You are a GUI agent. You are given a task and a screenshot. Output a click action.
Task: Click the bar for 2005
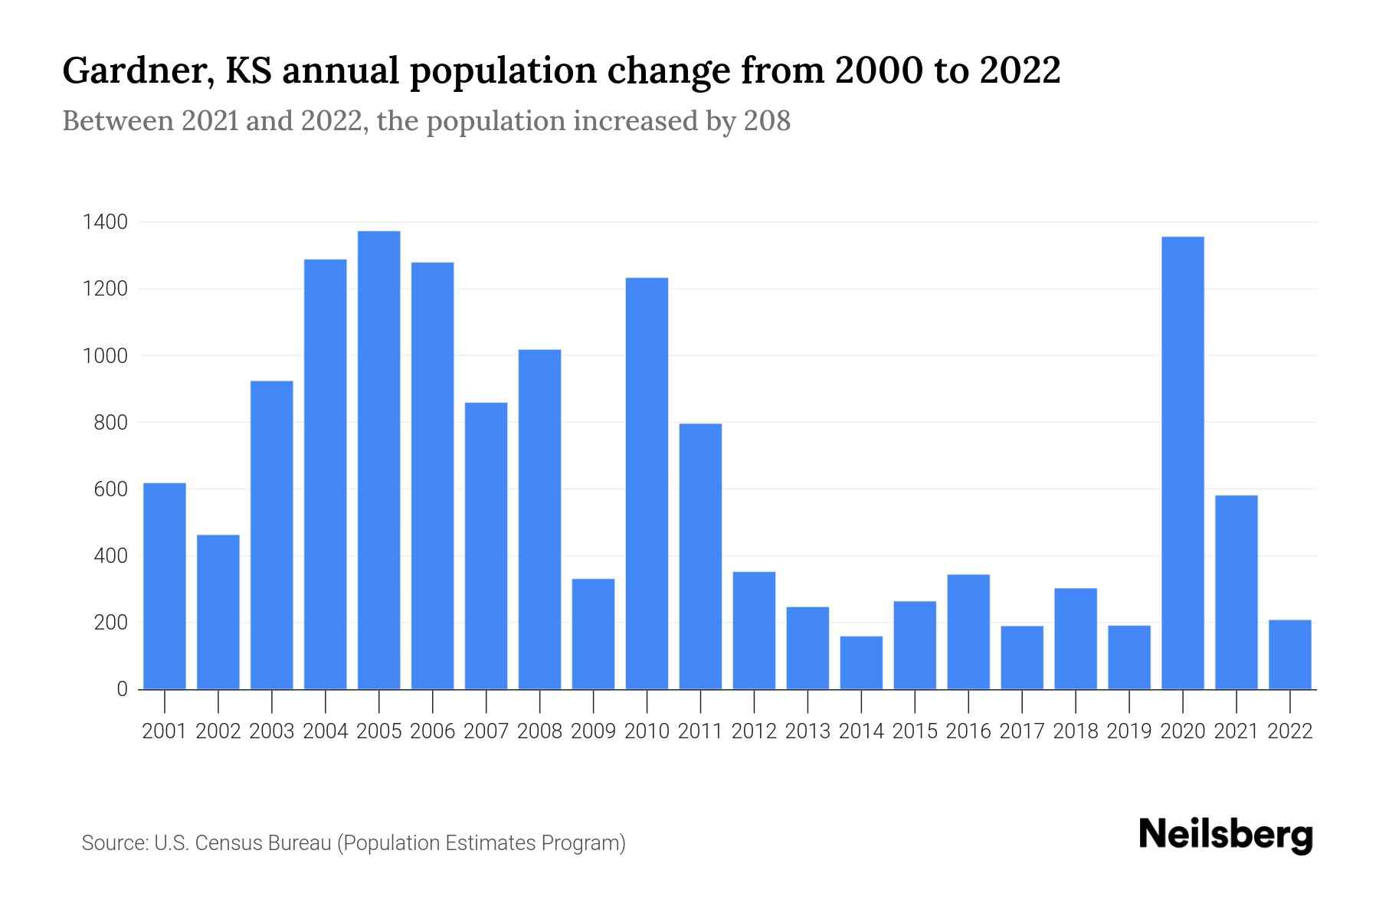[x=378, y=459]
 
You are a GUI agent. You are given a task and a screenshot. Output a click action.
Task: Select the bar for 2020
[x=1182, y=463]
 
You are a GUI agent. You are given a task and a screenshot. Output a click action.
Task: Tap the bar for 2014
[x=861, y=662]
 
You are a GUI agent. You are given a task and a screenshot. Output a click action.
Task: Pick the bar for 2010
[x=647, y=483]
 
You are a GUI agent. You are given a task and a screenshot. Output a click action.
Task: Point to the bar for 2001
[x=165, y=586]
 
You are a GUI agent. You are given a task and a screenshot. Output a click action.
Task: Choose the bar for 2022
[x=1289, y=655]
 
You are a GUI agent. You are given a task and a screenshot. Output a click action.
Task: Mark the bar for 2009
[x=593, y=634]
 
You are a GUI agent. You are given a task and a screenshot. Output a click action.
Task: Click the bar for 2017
[x=1022, y=658]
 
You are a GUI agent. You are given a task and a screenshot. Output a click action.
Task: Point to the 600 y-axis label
[x=111, y=489]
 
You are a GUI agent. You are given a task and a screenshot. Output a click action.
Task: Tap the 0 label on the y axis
[x=122, y=689]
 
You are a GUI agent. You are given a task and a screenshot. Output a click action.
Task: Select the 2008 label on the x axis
[x=539, y=731]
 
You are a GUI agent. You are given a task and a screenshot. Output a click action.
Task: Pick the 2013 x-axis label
[x=807, y=731]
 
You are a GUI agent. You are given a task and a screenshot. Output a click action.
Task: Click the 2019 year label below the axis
[x=1128, y=731]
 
